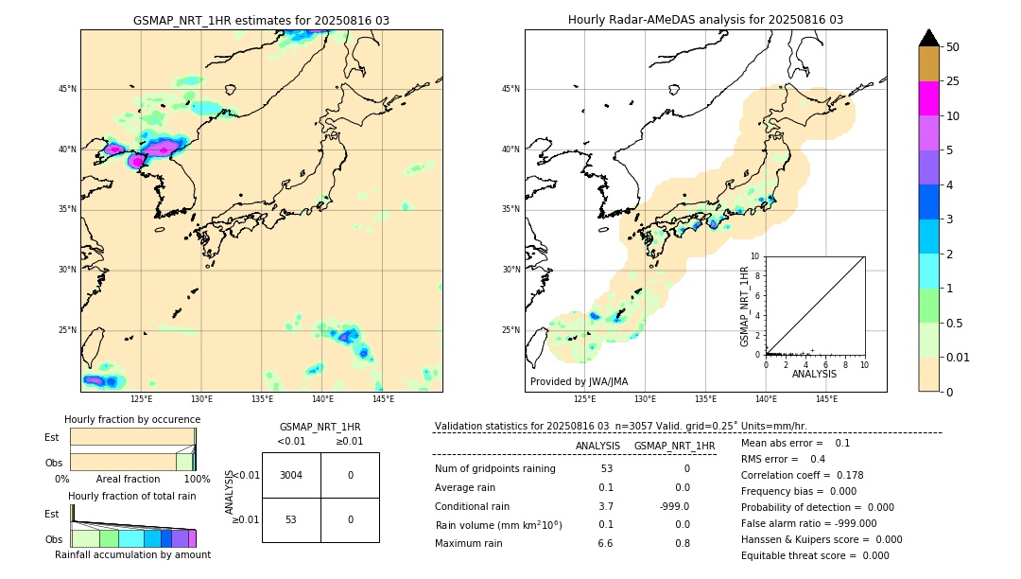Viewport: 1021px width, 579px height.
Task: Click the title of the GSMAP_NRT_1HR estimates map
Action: point(261,20)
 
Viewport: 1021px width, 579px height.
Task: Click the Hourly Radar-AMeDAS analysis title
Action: point(705,20)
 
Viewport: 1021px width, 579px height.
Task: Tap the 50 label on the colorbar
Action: point(953,47)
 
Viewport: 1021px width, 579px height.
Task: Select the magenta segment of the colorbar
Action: point(929,98)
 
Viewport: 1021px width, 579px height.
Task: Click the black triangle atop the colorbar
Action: point(929,38)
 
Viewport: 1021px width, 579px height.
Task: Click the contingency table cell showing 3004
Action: point(291,475)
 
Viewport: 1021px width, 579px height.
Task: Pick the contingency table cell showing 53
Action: point(291,519)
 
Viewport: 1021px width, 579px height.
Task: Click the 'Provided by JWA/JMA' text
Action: point(579,382)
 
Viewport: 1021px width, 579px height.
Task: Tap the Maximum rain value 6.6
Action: point(605,543)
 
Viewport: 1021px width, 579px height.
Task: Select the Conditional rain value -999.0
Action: point(675,506)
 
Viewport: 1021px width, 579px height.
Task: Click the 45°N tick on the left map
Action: point(67,89)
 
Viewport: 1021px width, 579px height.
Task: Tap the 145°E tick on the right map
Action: point(826,399)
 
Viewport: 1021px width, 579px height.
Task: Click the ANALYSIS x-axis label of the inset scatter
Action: point(814,375)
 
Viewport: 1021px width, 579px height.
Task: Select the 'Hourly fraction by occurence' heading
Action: point(132,419)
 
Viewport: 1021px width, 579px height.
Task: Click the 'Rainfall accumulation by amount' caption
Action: point(132,554)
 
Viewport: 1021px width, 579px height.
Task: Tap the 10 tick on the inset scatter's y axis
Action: point(755,256)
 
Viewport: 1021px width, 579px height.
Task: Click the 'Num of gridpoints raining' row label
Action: point(494,469)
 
